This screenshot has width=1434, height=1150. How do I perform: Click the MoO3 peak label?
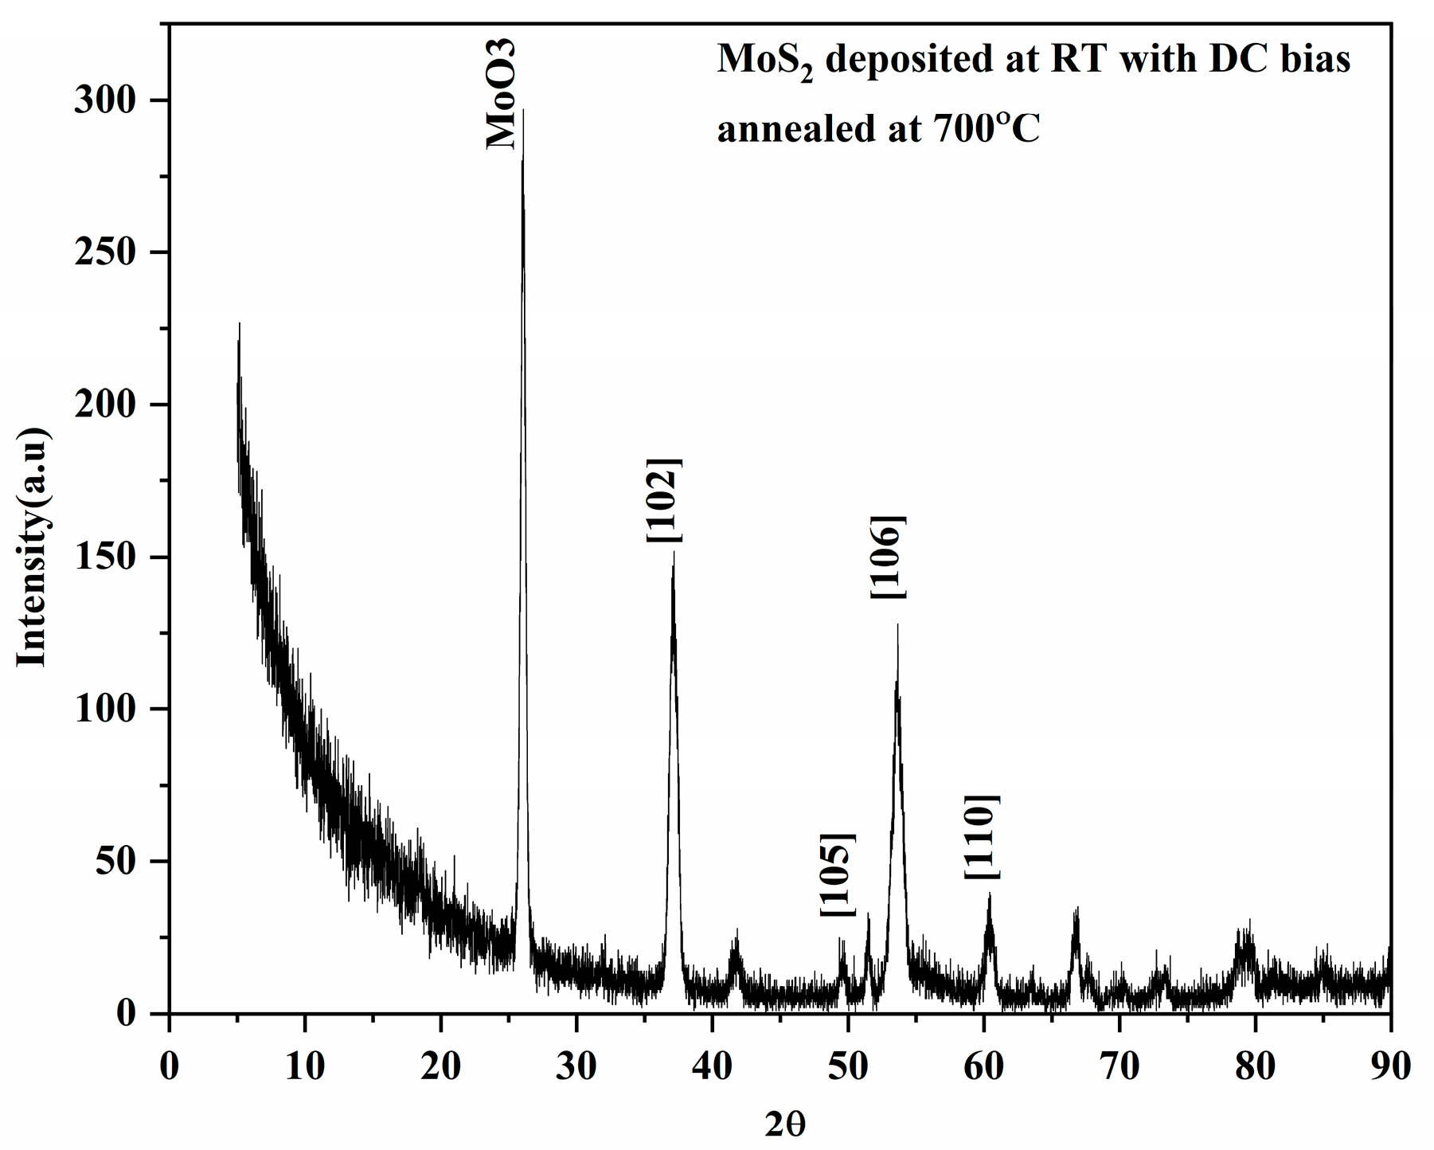502,94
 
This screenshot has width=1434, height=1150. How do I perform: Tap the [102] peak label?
663,500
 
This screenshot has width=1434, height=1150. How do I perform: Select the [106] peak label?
887,557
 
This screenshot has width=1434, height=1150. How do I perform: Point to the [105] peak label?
837,874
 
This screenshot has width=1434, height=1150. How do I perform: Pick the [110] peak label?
981,837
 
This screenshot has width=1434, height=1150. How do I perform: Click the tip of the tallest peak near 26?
523,111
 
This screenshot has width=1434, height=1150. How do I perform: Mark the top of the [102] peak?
674,553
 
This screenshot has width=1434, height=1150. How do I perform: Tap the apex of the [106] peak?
897,626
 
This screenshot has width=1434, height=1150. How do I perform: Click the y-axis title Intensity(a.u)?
33,547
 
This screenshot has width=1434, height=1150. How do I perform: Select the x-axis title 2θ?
785,1124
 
